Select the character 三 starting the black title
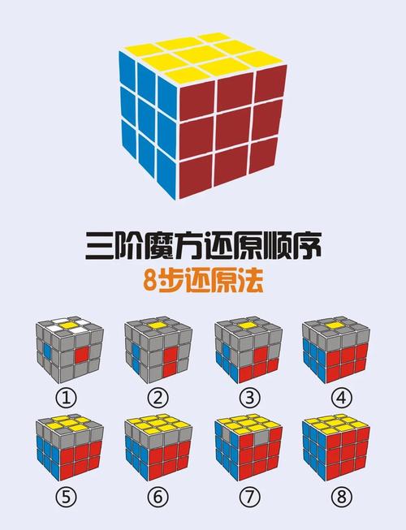[x=101, y=245]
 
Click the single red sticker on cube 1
[x=80, y=355]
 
